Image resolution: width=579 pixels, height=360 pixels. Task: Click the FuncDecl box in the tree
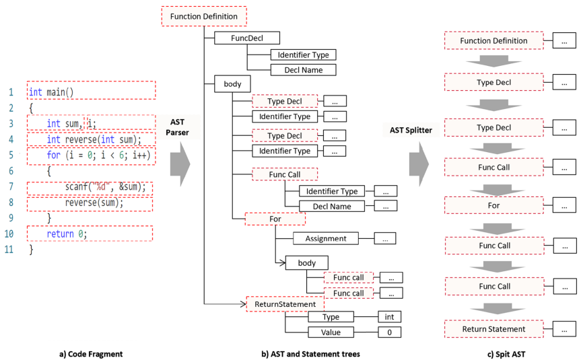click(246, 38)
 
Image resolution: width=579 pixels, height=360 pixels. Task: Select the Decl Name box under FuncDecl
click(303, 70)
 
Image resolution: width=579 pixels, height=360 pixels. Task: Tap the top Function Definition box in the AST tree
click(204, 16)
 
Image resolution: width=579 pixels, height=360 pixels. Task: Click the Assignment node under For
click(326, 238)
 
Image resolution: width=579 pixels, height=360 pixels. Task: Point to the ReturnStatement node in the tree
click(285, 304)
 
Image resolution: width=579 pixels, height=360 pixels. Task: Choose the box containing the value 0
click(389, 332)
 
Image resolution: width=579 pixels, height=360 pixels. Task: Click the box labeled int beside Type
click(389, 317)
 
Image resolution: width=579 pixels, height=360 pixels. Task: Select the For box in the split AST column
click(493, 205)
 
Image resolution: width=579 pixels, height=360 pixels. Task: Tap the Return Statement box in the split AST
click(493, 329)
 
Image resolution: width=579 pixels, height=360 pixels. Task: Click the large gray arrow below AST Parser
click(180, 164)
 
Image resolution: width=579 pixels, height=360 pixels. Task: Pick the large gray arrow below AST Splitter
click(419, 164)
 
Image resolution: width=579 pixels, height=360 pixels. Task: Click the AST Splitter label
click(411, 130)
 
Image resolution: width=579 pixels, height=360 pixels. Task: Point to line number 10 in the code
click(9, 233)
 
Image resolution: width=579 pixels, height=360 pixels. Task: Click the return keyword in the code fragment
click(60, 233)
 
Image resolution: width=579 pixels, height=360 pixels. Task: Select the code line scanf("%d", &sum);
click(105, 187)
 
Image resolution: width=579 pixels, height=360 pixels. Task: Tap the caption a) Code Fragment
click(91, 354)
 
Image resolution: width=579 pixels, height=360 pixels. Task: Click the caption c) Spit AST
click(506, 355)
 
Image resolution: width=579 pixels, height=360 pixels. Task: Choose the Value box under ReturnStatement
click(331, 332)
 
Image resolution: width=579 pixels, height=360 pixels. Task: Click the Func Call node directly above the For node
click(285, 174)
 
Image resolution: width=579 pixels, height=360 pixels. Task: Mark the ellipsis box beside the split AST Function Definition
click(564, 40)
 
